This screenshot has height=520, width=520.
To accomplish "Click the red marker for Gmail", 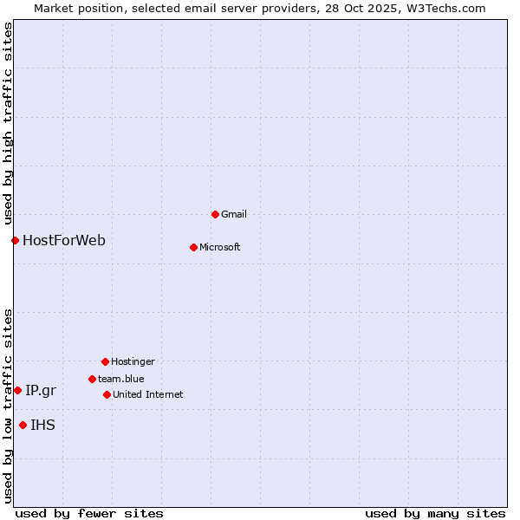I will tap(215, 214).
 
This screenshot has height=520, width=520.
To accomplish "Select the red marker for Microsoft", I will tap(193, 247).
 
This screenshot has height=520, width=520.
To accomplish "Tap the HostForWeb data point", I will tap(15, 240).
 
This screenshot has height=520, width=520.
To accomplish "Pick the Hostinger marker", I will tap(105, 361).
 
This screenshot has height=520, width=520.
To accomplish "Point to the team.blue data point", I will tap(92, 379).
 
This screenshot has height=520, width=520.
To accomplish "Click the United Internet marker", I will tap(107, 394).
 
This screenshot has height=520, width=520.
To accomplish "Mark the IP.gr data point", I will tap(17, 390).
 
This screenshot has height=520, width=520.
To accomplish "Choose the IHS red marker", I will tap(23, 425).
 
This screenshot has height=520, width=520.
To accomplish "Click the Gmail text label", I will tap(234, 214).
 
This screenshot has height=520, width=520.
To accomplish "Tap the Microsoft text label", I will tap(220, 247).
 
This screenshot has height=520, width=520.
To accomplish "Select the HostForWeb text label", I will tap(64, 240).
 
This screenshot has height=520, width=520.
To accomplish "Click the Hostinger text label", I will tap(133, 361).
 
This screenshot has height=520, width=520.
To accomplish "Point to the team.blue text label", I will tap(121, 379).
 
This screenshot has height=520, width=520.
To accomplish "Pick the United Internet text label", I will tap(148, 394).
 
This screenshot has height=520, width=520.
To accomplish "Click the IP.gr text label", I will tap(41, 390).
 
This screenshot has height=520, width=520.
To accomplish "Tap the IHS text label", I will tap(42, 425).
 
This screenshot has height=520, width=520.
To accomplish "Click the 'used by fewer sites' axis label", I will tap(89, 513).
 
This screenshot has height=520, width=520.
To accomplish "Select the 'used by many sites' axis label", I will tap(435, 513).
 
